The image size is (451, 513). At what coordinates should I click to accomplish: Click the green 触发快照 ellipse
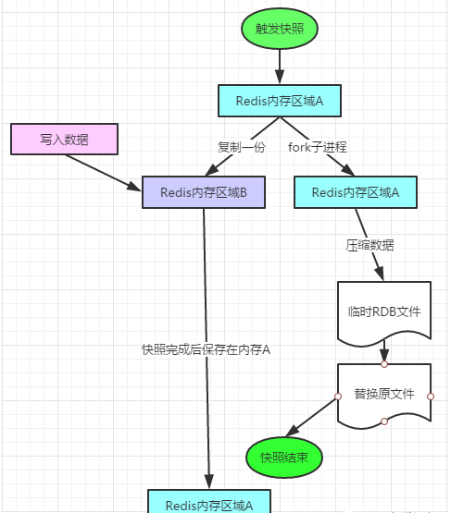[279, 29]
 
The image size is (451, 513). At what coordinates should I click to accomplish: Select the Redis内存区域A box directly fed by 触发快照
[279, 101]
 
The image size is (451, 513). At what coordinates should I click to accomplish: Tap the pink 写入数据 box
[65, 140]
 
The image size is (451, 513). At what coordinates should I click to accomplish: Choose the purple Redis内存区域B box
[203, 192]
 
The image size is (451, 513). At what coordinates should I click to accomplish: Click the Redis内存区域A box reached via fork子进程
[355, 192]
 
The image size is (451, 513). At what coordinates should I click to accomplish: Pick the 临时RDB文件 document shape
[384, 311]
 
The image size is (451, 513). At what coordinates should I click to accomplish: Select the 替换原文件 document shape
[384, 395]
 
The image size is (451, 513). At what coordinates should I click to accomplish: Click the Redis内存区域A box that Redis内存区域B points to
[209, 504]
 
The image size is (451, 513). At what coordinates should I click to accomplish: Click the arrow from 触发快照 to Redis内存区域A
[279, 67]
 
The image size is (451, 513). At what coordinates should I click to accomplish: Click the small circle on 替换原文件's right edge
[431, 396]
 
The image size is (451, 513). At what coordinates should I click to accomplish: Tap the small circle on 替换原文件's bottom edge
[384, 421]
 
